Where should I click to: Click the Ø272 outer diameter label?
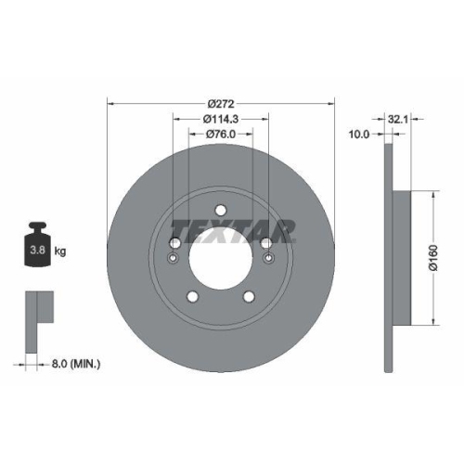pyautogui.click(x=221, y=102)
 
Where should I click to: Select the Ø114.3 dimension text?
pyautogui.click(x=222, y=118)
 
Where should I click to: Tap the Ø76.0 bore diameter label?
pyautogui.click(x=221, y=134)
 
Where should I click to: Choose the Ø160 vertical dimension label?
pyautogui.click(x=432, y=257)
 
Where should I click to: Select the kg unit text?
pyautogui.click(x=59, y=251)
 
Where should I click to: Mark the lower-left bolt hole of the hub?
pyautogui.click(x=193, y=297)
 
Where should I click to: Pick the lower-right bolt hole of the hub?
pyautogui.click(x=249, y=297)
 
